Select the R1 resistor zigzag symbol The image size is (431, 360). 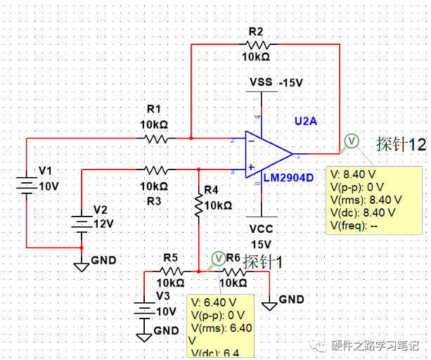pos(156,139)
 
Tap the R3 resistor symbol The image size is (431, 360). pos(155,169)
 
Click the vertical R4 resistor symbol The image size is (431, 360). pos(199,205)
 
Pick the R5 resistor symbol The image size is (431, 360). pos(172,271)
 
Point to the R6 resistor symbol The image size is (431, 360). pos(233,271)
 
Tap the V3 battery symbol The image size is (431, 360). pos(143,309)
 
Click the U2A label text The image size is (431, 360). pos(306,121)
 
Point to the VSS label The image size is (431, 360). pos(262,82)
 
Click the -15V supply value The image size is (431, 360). pos(290,82)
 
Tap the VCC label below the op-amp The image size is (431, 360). pos(261,229)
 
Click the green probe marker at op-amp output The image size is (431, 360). pos(350,141)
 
